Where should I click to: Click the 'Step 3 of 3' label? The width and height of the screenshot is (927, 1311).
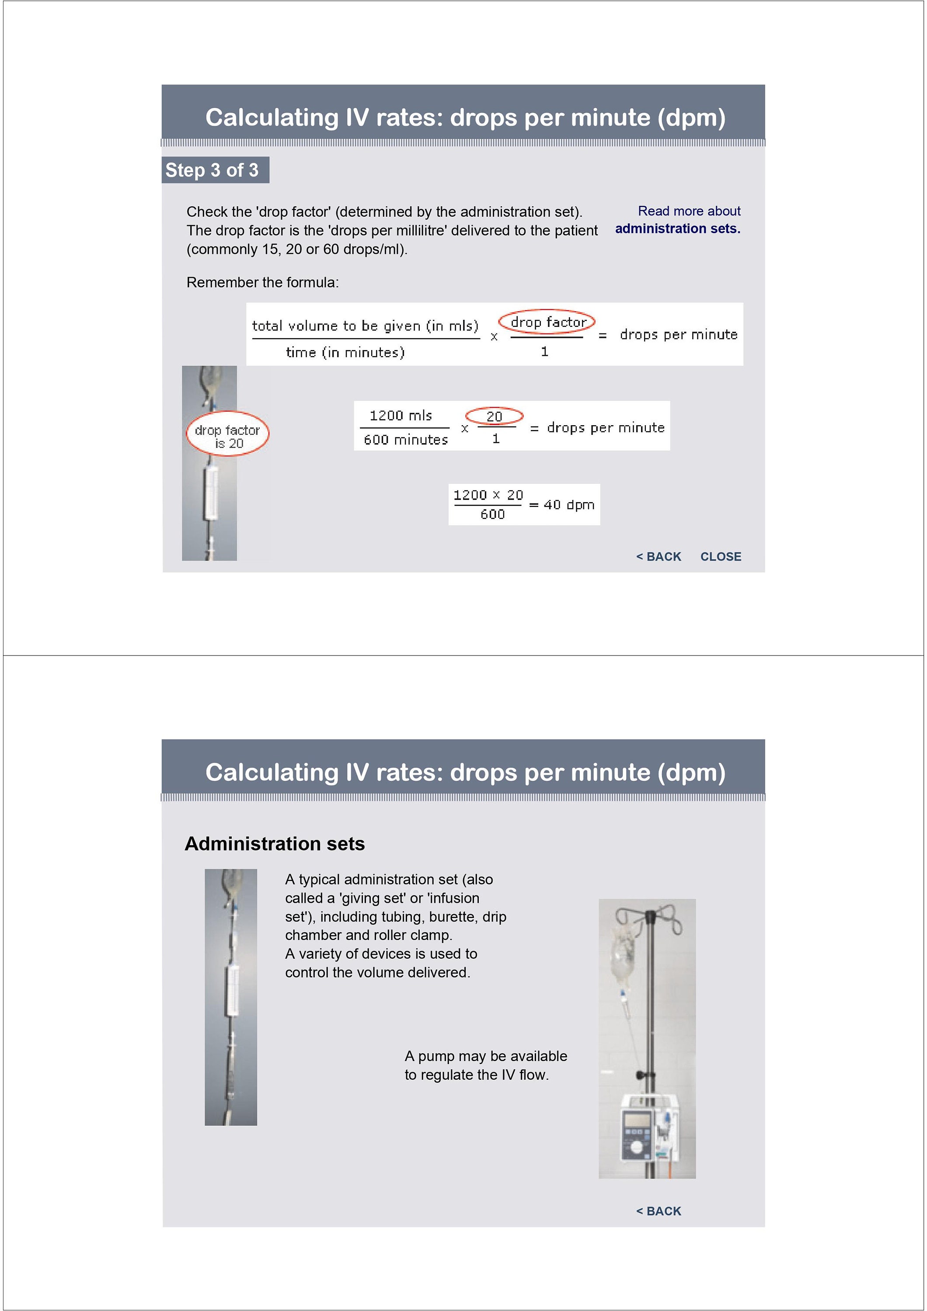tap(212, 170)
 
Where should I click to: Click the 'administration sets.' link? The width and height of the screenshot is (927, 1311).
tap(677, 229)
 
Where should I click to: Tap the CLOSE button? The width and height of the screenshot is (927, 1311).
tap(720, 556)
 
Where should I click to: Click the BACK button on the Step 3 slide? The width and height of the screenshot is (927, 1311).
tap(659, 556)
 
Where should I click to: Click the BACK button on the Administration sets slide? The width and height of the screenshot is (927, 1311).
tap(659, 1210)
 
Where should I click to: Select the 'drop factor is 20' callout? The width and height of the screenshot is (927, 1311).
tap(227, 436)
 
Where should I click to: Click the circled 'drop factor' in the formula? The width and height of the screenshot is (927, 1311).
tap(547, 322)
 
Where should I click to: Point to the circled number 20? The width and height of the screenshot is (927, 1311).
tap(494, 416)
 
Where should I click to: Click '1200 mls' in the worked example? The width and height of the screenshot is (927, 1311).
tap(401, 416)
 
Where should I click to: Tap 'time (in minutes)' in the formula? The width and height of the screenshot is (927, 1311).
tap(345, 352)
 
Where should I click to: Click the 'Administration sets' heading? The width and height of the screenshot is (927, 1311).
tap(275, 844)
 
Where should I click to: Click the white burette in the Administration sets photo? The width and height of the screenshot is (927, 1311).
tap(233, 991)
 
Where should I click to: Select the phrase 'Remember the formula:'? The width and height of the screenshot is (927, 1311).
tap(263, 283)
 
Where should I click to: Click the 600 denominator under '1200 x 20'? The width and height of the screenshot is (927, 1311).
tap(492, 514)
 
